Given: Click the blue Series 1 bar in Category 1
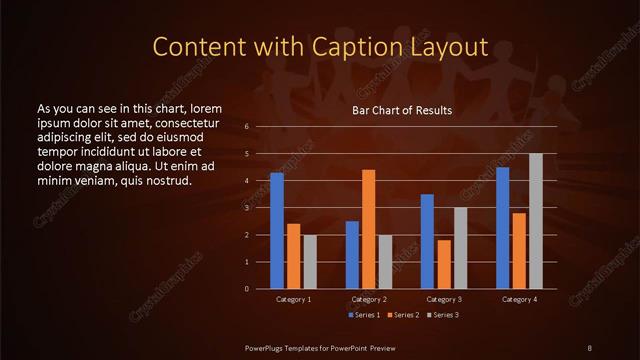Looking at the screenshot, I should (277, 231).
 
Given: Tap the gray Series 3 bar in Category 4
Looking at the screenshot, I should (536, 221).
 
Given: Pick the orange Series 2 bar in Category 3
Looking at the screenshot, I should (444, 264).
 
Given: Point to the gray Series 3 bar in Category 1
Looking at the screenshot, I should (310, 262).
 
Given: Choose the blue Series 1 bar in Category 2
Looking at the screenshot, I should (352, 255).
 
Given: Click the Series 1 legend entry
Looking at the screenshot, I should (364, 315).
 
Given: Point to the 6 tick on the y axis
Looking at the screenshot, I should (247, 128).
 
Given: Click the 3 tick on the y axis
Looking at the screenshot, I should (247, 208).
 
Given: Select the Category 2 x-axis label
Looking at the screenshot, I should (369, 299).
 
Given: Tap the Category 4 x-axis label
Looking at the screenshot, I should (519, 299).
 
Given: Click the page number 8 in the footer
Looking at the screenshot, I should (590, 346).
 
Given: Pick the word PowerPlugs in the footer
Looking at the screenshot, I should (266, 346).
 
